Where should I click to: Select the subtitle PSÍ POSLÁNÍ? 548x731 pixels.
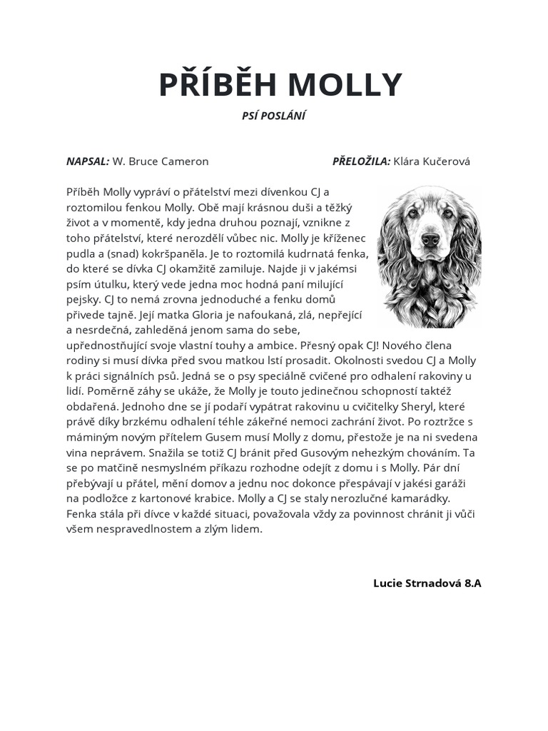[274, 116]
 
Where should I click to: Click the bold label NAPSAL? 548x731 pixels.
[88, 161]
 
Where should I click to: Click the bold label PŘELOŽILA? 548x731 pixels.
[361, 161]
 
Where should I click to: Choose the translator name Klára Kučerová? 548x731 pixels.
[432, 161]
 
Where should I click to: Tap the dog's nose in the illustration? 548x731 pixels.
[430, 239]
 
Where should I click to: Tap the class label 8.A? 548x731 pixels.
[473, 583]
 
